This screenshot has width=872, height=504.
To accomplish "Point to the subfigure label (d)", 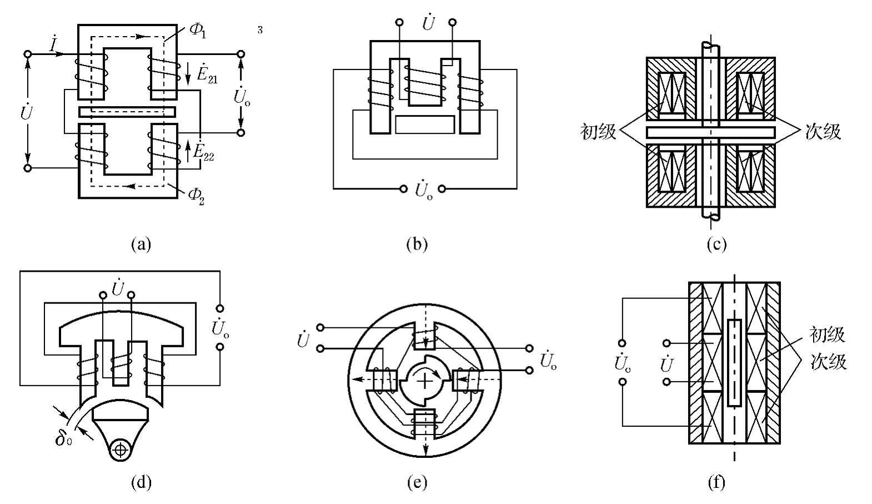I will tap(141, 482).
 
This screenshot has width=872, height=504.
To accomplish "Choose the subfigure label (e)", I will tap(417, 482).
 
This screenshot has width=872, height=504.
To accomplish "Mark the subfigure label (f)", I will tap(716, 482).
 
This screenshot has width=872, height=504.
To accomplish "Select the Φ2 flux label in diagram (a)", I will tap(196, 196).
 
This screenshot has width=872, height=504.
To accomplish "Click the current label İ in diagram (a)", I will tap(53, 44).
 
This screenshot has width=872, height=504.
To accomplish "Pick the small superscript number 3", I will tap(260, 30).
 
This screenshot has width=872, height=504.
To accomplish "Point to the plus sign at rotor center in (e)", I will tap(424, 381).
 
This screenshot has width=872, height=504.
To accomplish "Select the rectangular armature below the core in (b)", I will tap(425, 124).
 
